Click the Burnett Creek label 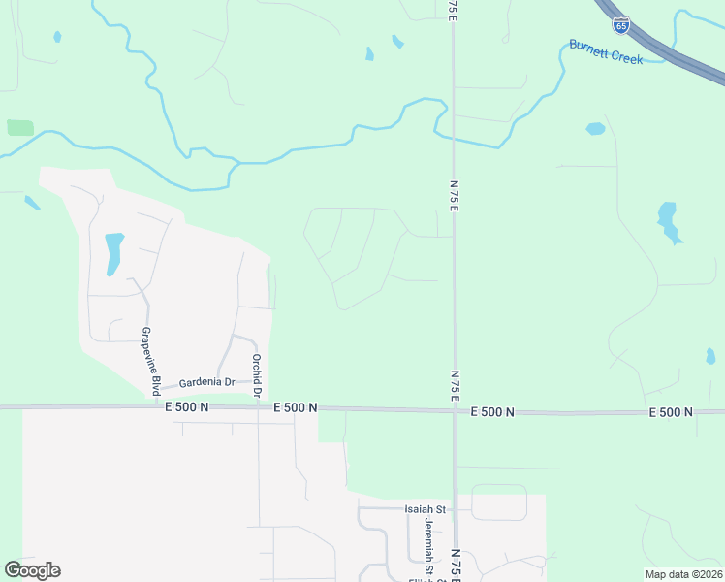(x=606, y=50)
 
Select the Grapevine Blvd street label (x=150, y=361)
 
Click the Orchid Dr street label (x=257, y=375)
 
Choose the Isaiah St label (x=425, y=508)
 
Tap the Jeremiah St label (x=427, y=541)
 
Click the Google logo (x=32, y=570)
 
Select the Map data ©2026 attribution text (x=683, y=574)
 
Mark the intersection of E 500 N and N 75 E (x=455, y=410)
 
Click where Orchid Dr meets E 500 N (x=259, y=407)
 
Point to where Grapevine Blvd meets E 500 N (x=154, y=407)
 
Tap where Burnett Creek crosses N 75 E (x=453, y=138)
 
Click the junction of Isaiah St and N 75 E (x=455, y=508)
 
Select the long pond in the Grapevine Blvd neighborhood (x=113, y=253)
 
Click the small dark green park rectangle (x=19, y=127)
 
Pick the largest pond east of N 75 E (x=668, y=221)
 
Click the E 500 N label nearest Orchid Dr (x=296, y=408)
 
